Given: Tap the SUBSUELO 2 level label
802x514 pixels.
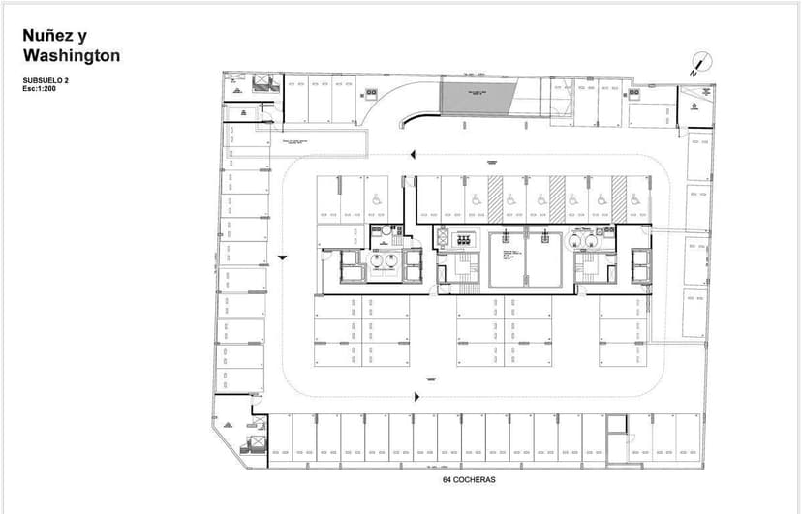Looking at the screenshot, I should tap(46, 79).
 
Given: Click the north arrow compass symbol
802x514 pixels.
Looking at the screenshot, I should tap(695, 65).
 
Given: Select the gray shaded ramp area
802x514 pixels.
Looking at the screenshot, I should tap(477, 97).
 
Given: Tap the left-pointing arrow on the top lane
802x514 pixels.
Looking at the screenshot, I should tap(414, 154).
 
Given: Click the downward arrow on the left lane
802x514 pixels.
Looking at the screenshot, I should tap(282, 256).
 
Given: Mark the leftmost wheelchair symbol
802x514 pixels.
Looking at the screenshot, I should tap(376, 197).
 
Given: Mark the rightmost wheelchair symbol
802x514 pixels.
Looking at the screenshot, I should tap(635, 197).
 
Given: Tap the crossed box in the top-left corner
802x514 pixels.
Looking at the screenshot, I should tap(261, 82).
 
